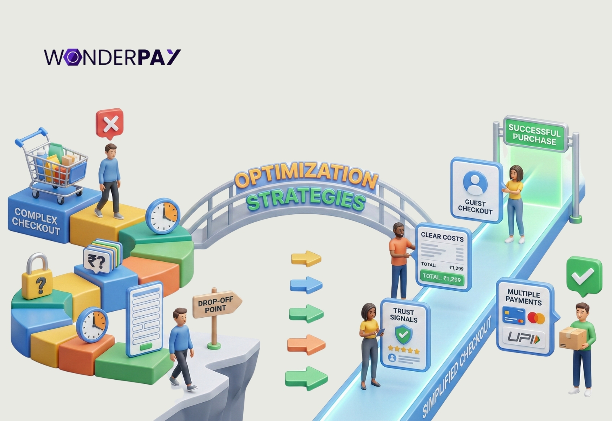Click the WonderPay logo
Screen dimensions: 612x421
point(112,57)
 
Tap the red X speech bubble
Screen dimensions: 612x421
point(109,124)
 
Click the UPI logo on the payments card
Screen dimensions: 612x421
point(524,339)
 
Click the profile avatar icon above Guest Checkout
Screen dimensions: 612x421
point(475,182)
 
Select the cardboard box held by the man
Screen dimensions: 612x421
point(573,338)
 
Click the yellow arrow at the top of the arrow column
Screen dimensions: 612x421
point(306,258)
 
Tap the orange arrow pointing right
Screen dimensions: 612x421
point(306,344)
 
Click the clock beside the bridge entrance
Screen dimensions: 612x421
point(163,216)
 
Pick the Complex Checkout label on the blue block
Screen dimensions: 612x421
point(36,221)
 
